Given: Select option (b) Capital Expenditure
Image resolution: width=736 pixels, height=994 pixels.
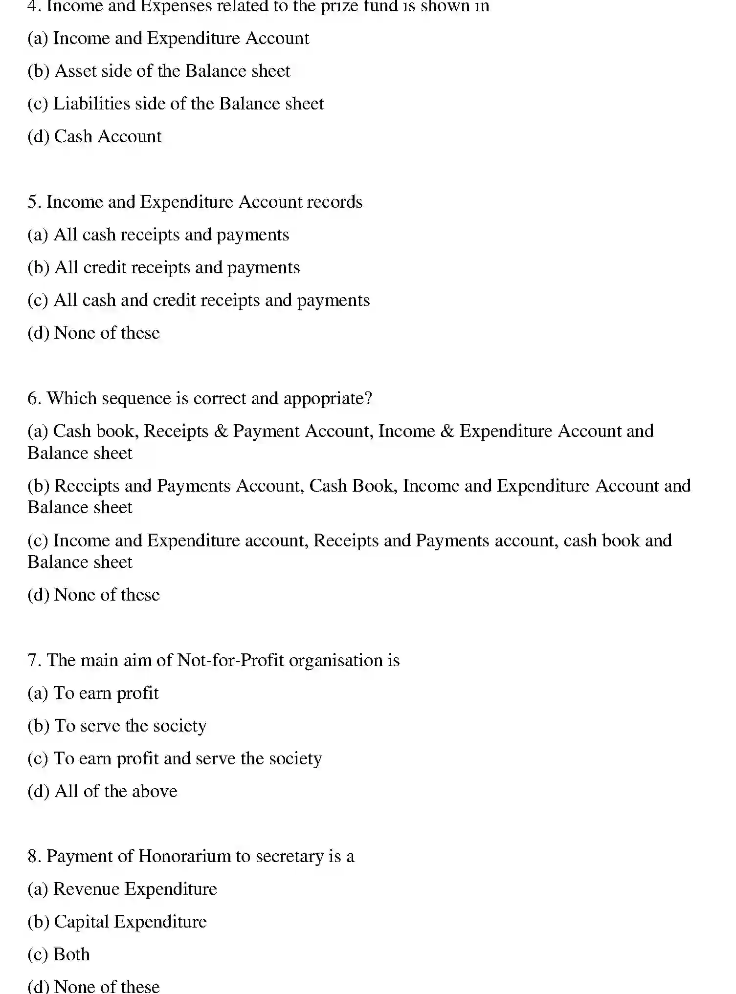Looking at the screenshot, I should click(x=117, y=922).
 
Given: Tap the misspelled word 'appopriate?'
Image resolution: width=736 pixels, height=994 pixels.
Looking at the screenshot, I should click(x=328, y=398).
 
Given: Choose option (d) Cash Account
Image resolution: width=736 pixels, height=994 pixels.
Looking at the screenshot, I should click(x=94, y=136).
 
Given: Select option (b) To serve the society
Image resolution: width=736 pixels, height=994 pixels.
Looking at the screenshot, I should click(x=117, y=726).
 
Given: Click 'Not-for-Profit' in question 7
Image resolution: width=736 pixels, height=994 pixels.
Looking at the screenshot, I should click(x=230, y=660).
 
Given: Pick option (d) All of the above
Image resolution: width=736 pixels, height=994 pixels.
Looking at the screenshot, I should click(x=102, y=791).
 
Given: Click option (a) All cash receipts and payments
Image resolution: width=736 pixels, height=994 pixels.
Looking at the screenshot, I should click(x=158, y=235).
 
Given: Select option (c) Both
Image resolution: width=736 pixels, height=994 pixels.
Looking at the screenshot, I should click(x=59, y=954).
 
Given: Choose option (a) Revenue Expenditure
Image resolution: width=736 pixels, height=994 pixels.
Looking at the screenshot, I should click(x=122, y=889).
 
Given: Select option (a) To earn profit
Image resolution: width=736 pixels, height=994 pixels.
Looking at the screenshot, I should click(x=93, y=693).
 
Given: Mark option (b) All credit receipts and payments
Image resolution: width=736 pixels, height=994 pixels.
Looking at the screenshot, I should click(x=163, y=267).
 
